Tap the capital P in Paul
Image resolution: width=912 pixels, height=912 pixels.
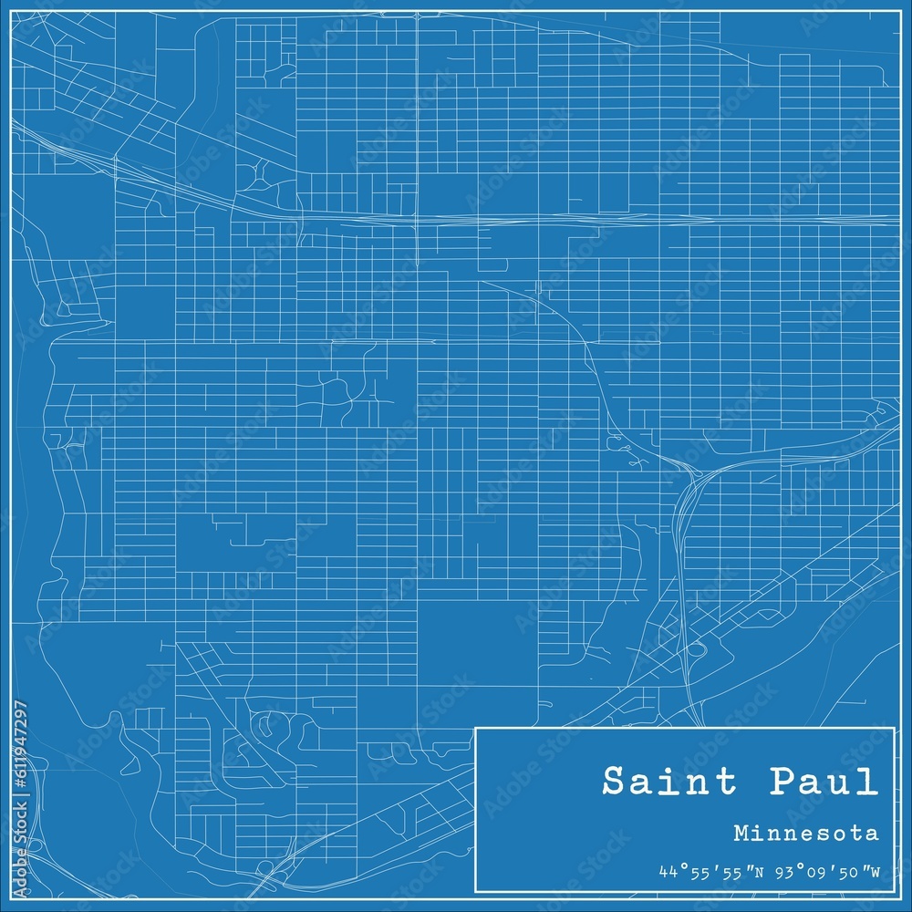[x=781, y=782]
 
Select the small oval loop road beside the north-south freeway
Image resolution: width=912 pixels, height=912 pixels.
[x=697, y=649]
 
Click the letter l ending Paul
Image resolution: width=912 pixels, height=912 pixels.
[x=870, y=782]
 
